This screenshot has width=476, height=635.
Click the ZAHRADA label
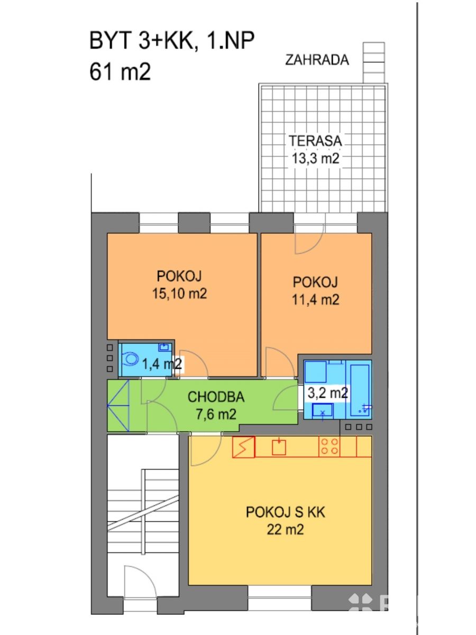pyautogui.click(x=317, y=60)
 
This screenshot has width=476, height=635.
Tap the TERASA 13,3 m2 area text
pyautogui.click(x=315, y=150)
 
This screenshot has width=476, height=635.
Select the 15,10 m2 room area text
pyautogui.click(x=179, y=294)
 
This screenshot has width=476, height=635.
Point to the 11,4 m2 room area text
pyautogui.click(x=315, y=300)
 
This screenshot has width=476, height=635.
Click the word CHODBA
pyautogui.click(x=216, y=397)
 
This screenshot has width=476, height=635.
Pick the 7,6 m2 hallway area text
pyautogui.click(x=216, y=414)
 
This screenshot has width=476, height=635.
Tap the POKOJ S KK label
pyautogui.click(x=285, y=512)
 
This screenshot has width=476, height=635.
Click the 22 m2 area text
pyautogui.click(x=285, y=530)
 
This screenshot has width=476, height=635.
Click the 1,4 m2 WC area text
pyautogui.click(x=162, y=364)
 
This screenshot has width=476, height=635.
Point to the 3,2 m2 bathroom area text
pyautogui.click(x=327, y=393)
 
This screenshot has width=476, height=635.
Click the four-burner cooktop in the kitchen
pyautogui.click(x=329, y=447)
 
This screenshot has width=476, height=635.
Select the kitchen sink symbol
pyautogui.click(x=279, y=447)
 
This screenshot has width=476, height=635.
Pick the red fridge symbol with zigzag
pyautogui.click(x=243, y=447)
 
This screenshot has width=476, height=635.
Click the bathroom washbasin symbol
pyautogui.click(x=323, y=411)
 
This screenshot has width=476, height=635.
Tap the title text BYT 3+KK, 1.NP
pyautogui.click(x=172, y=41)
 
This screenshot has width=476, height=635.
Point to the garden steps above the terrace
pyautogui.click(x=374, y=62)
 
